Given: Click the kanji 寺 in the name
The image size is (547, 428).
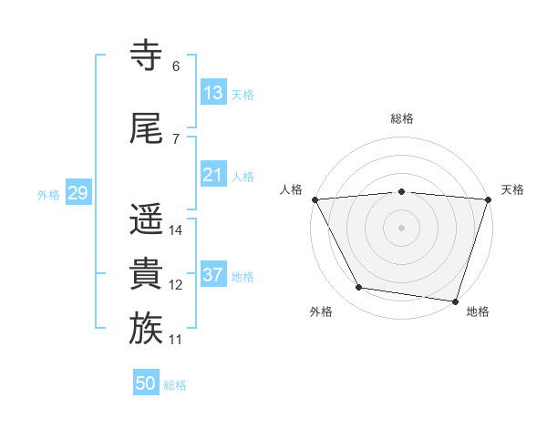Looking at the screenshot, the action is (x=146, y=55).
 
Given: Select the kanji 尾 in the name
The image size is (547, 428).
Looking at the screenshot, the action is (x=146, y=127).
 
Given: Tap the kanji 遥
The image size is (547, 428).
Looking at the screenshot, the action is (x=146, y=219).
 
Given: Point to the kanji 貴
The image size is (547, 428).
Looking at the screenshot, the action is (x=146, y=273).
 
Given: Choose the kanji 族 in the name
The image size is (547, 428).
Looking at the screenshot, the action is (x=146, y=328).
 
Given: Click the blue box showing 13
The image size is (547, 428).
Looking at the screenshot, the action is (x=213, y=92).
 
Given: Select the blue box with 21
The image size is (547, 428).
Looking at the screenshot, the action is (x=213, y=174).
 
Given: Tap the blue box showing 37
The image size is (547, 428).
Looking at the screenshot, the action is (x=213, y=273).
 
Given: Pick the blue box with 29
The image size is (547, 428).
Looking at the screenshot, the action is (x=78, y=192).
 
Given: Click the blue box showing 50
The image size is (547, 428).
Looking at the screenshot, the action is (x=146, y=382).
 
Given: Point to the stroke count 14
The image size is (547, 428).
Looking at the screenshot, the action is (x=175, y=230).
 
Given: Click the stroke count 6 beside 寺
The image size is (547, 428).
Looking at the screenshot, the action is (x=176, y=66).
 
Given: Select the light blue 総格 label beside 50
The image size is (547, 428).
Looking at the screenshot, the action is (x=175, y=385).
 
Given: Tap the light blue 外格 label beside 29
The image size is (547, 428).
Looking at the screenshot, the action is (x=48, y=195).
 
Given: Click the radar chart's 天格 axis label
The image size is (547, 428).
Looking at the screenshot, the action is (x=512, y=189).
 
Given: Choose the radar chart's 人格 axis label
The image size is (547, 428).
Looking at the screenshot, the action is (x=291, y=189).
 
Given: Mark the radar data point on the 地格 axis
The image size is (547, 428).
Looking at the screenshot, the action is (x=455, y=301).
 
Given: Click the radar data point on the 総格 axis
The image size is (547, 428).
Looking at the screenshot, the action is (x=401, y=192).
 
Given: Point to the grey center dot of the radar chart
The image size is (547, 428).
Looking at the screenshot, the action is (x=401, y=229).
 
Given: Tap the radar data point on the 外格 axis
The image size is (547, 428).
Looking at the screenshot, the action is (x=358, y=287).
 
